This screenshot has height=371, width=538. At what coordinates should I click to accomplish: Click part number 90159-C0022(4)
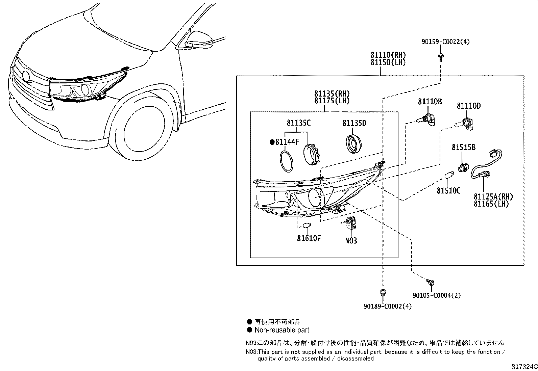pos(445,42)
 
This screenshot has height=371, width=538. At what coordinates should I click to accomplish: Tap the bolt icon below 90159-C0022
pos(441,57)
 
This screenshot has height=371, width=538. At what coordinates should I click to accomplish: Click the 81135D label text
pos(354,123)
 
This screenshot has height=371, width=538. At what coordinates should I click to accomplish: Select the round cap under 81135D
pos(353,143)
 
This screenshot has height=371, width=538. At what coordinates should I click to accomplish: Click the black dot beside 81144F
pos(272,142)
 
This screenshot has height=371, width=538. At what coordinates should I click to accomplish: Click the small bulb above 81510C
pos(449,176)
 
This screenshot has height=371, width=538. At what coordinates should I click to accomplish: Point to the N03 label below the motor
pos(351,241)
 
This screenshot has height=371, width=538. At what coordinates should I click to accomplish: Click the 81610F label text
pos(309,238)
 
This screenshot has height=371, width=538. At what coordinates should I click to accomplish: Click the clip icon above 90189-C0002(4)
pos(383,293)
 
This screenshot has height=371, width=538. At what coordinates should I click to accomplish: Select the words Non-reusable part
pos(282,330)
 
